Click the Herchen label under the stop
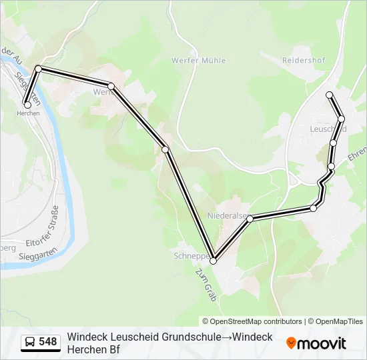click(28, 113)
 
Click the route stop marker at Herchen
click(27, 104)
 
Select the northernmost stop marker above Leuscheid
click(329, 95)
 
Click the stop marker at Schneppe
click(214, 261)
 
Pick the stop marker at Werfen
click(111, 86)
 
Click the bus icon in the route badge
click(30, 343)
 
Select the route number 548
click(48, 342)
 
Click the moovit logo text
click(322, 343)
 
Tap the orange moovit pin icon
click(291, 343)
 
